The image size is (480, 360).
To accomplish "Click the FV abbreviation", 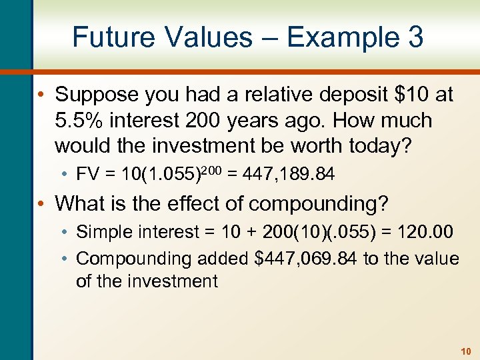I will coord(87,175).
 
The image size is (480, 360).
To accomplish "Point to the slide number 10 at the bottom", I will coord(465,350).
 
